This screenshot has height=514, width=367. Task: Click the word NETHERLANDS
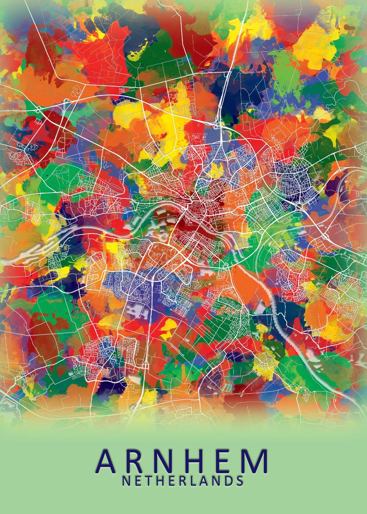183,481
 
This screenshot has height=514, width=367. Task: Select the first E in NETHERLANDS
138,481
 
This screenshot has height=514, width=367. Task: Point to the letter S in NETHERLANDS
240,481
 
